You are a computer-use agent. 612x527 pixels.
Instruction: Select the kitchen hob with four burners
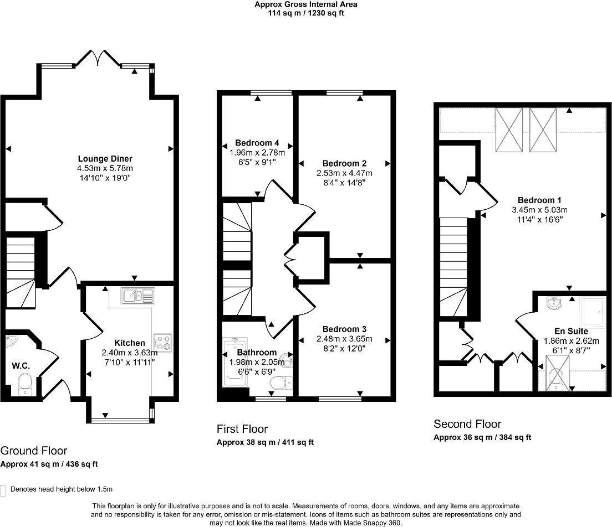(162, 342)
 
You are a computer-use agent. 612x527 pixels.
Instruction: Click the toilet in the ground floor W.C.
(25, 384)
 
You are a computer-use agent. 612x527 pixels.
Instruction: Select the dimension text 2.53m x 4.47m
(344, 173)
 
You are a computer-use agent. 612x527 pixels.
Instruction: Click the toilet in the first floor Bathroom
(280, 383)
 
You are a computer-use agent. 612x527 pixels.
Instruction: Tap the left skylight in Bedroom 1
(509, 129)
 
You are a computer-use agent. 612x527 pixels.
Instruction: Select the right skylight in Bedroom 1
(542, 129)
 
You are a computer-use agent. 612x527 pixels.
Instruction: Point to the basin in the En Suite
(553, 303)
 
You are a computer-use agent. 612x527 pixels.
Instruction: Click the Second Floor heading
(467, 424)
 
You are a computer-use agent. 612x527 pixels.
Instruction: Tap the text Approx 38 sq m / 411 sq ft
(265, 442)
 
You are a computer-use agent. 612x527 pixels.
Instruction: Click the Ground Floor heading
(34, 451)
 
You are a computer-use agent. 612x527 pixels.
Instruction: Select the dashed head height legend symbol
(3, 490)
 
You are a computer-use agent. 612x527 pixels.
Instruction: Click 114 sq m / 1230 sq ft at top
(305, 13)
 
